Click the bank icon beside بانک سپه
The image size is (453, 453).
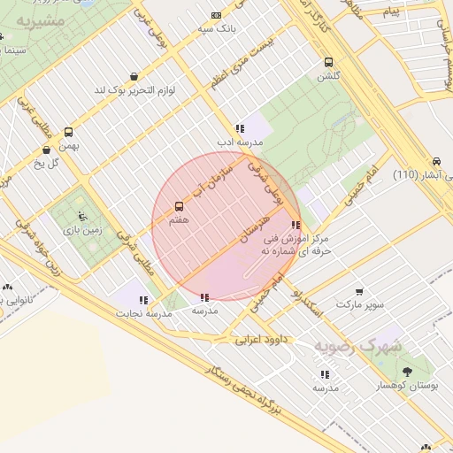click(x=217, y=15)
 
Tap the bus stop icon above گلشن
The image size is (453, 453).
click(x=328, y=63)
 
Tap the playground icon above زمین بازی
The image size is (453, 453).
click(x=82, y=215)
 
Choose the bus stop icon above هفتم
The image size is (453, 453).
click(x=180, y=207)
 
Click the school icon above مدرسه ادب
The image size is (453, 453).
click(x=240, y=128)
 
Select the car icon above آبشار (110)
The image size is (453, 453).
click(x=436, y=161)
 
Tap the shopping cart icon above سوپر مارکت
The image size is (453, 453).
click(x=359, y=291)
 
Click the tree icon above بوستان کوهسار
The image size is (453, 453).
click(x=407, y=372)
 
